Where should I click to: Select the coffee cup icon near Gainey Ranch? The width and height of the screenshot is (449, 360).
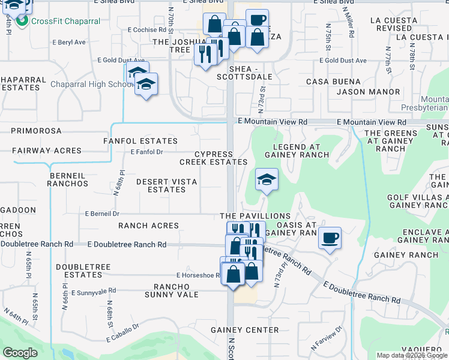coord(330,238)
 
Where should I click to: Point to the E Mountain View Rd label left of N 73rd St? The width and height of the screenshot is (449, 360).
coord(273,121)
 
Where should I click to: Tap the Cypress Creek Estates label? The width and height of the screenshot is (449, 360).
coord(213,158)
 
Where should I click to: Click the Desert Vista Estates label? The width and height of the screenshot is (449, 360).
coord(167,185)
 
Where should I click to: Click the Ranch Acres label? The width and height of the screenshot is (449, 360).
coord(148,226)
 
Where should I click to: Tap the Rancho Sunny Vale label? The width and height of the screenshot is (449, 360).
coord(172,290)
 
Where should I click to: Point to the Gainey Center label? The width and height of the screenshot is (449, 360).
coord(244,330)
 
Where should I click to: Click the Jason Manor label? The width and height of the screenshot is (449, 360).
coord(368,92)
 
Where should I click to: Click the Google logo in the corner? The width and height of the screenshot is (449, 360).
coord(20,353)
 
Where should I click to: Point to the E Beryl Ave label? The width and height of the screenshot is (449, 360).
coord(69,43)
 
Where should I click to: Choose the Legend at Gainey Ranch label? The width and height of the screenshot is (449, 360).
coord(301,151)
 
